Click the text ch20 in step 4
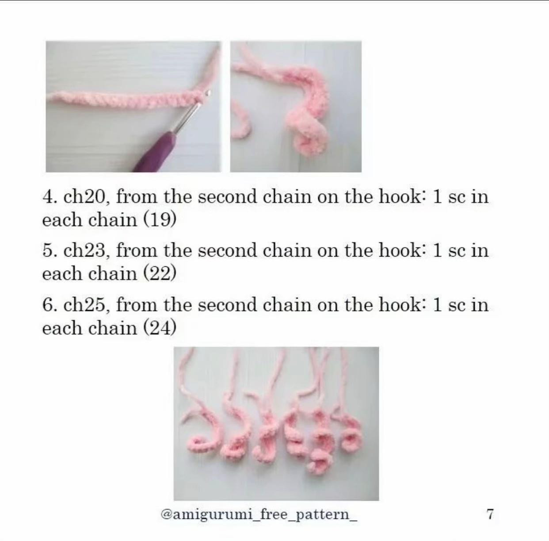(x=86, y=197)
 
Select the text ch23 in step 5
(x=86, y=250)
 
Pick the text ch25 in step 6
(x=86, y=305)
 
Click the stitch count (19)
(x=159, y=220)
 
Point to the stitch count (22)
(x=159, y=274)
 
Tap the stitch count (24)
(x=159, y=328)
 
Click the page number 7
(x=490, y=514)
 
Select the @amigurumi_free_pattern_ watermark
(x=259, y=515)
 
